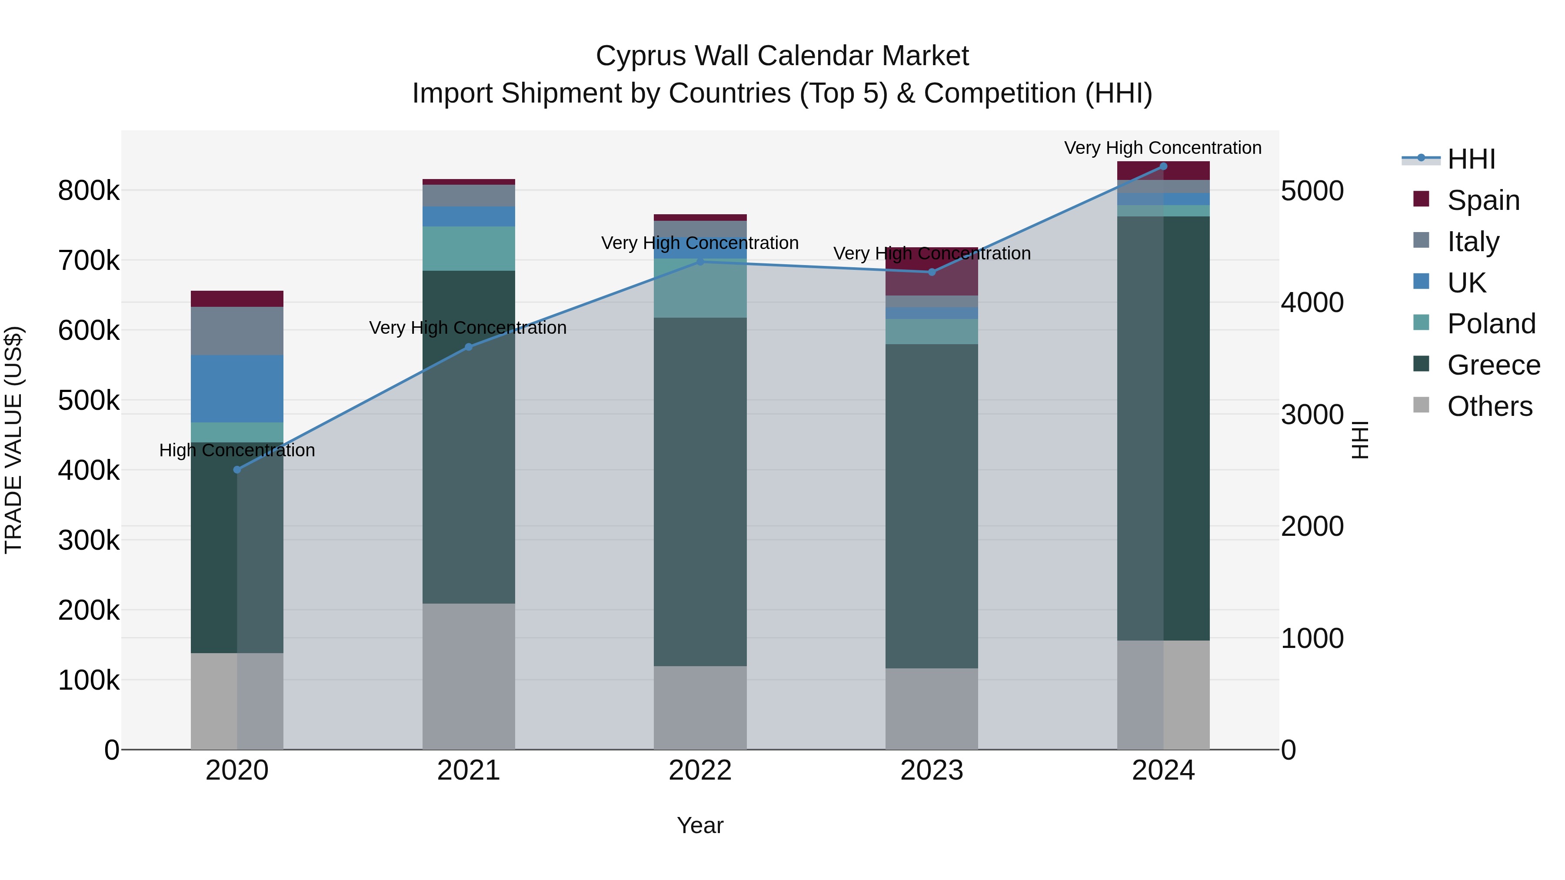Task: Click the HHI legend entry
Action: coord(1470,159)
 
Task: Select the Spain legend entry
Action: coord(1483,200)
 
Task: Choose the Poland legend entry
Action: coord(1491,324)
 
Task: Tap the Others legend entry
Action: coord(1489,406)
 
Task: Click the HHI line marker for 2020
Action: coord(237,469)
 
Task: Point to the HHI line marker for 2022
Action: coord(700,262)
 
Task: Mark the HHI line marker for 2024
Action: coord(1163,166)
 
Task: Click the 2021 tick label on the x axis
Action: coord(468,770)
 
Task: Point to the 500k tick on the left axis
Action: coord(89,401)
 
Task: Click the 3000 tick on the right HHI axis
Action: coord(1312,415)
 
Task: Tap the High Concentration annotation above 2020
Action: coord(237,450)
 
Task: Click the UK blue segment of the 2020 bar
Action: coord(237,389)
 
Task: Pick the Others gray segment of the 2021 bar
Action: coord(468,675)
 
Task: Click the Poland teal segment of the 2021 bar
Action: coord(468,249)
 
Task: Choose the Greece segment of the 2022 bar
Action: coord(700,492)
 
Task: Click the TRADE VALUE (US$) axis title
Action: coord(13,440)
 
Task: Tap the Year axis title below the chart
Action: coord(700,825)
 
